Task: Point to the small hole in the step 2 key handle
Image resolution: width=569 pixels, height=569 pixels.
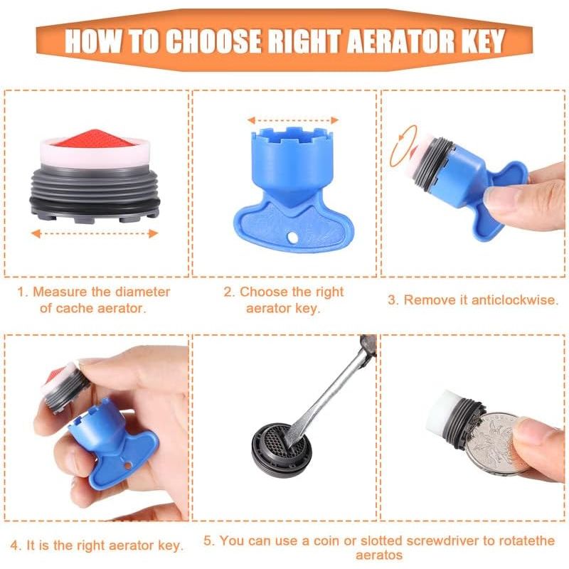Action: (x=292, y=238)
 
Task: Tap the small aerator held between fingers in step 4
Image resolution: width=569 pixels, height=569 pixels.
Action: (x=65, y=387)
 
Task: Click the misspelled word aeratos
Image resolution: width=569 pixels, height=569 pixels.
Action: (x=379, y=555)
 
